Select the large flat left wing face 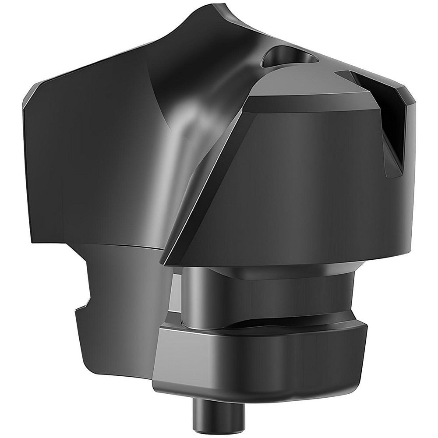(88, 166)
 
